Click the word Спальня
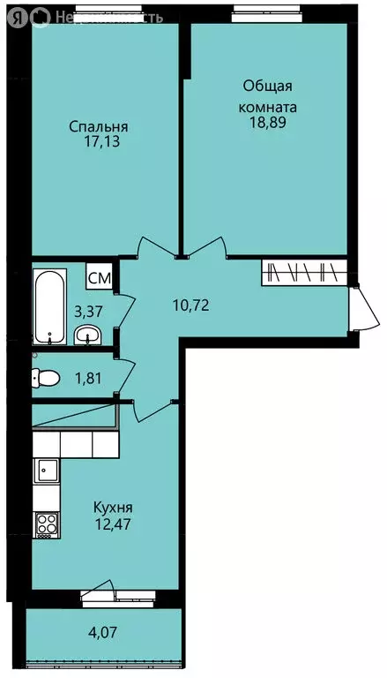coord(99,127)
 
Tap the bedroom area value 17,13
coord(102,142)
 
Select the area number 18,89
coord(268,122)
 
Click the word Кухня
coord(113,508)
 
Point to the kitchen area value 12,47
coord(113,524)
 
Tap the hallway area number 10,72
coord(191,305)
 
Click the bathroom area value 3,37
coord(88,311)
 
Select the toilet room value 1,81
coord(88,379)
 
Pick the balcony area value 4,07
coord(103,633)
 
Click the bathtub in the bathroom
coord(49,306)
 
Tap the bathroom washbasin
coord(87,335)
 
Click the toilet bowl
coord(45,379)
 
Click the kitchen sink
coord(47,470)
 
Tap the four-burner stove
coord(47,525)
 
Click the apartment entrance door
coord(366,308)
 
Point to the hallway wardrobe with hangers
coord(304,273)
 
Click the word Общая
coord(268,87)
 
